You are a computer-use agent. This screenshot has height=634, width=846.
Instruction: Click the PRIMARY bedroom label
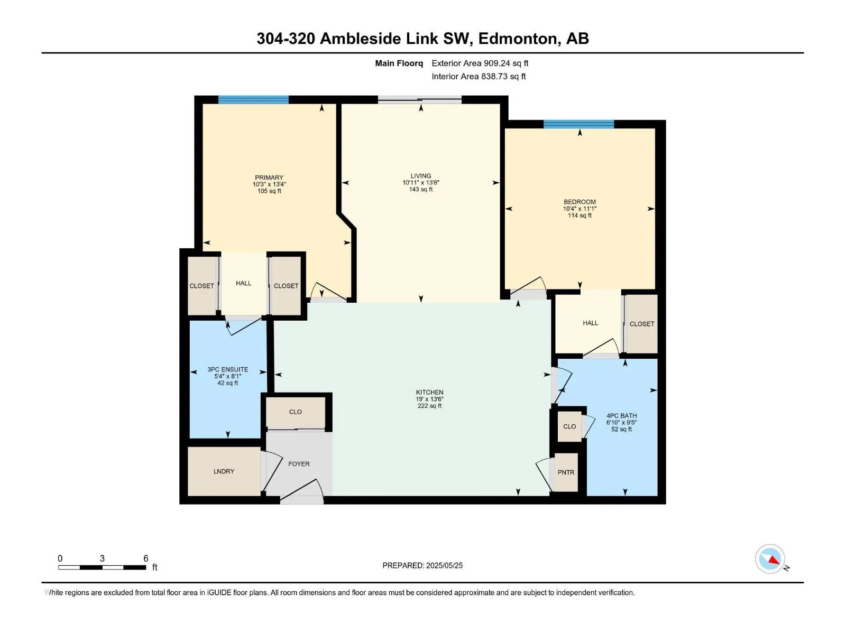point(269,178)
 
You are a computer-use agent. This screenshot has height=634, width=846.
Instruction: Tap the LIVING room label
point(421,176)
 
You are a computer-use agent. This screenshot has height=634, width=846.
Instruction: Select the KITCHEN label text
point(430,392)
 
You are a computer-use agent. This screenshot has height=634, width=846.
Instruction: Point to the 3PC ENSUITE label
point(228,369)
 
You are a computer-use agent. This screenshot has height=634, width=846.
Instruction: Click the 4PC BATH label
point(622,416)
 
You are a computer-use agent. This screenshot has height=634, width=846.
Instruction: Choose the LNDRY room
point(224,471)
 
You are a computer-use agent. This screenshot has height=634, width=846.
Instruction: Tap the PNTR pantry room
point(566,472)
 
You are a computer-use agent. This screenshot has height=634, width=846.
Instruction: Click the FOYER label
point(299,464)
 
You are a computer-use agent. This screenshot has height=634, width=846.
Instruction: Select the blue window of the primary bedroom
point(254,100)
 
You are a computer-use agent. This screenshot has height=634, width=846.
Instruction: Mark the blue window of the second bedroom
point(579,124)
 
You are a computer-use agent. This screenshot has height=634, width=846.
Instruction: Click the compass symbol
point(770,559)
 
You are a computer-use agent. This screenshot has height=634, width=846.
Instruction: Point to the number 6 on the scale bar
point(146,558)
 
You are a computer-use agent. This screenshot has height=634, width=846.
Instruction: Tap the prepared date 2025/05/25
point(444,565)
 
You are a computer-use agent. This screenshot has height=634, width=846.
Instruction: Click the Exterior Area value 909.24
point(495,63)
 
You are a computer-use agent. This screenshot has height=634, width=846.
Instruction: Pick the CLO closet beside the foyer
point(296,412)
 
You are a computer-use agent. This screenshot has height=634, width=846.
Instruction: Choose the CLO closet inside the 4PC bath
point(569,426)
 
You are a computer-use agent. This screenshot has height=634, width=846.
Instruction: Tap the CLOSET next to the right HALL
point(642,324)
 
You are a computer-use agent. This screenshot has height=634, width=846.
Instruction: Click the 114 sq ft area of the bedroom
point(580,216)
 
